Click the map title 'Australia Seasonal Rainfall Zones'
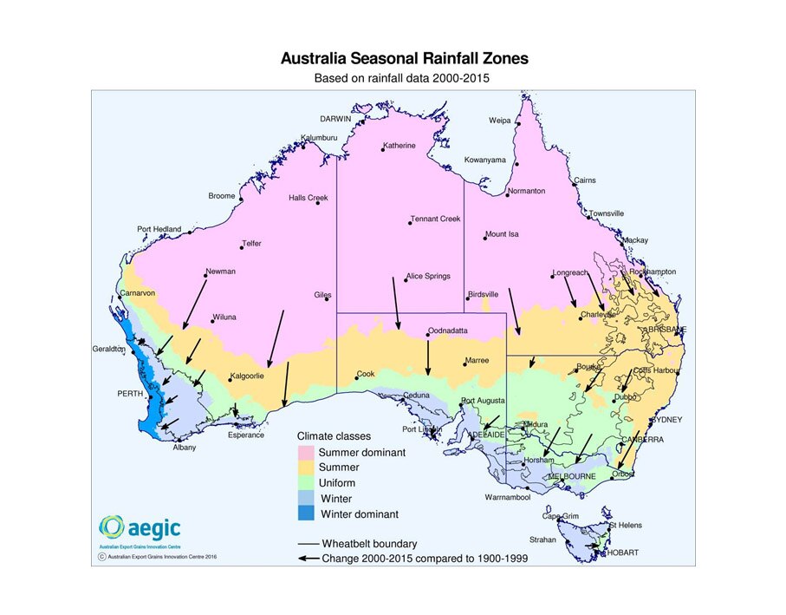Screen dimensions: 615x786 point(404,59)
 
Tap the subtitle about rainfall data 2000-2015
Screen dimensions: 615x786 point(404,78)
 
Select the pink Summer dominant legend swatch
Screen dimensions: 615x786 point(307,452)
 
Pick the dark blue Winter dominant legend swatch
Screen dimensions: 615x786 point(307,514)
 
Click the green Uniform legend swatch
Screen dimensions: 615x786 point(307,483)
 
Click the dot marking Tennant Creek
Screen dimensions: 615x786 point(410,224)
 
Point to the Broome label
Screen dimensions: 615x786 point(221,196)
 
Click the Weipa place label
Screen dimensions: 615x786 point(499,121)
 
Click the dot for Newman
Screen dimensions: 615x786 point(205,277)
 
